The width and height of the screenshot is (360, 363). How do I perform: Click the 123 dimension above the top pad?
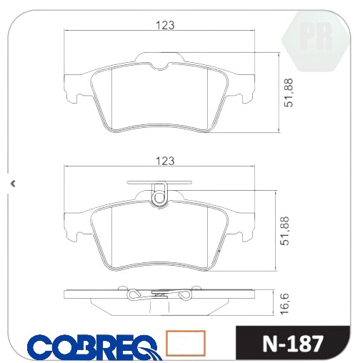165,25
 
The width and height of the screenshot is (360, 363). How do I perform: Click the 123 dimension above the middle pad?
165,161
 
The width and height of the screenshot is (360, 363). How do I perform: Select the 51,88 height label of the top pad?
289,93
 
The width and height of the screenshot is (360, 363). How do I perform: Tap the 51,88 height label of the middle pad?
285,231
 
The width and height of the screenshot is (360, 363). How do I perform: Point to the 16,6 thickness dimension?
285,304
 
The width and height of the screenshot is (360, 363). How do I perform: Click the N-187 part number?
293,344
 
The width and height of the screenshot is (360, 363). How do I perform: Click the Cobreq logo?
95,347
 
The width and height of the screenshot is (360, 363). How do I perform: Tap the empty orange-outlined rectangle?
186,343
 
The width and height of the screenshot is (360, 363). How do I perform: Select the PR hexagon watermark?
315,41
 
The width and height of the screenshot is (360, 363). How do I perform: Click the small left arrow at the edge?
14,184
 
